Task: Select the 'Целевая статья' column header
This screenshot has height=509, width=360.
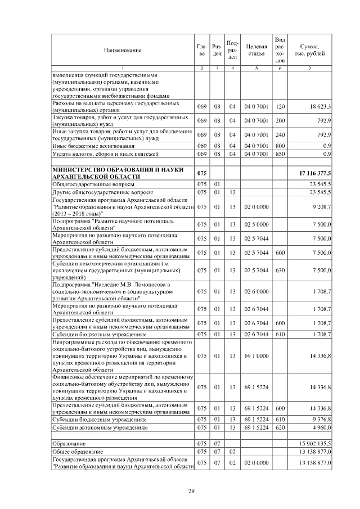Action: (255, 50)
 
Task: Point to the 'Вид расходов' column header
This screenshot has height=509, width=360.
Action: (280, 50)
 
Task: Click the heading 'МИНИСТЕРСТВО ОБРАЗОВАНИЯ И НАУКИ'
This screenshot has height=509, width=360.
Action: (115, 169)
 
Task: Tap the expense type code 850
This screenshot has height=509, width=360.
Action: (280, 154)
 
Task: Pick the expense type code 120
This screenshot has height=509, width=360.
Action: (280, 106)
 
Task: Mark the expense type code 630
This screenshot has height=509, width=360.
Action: (280, 271)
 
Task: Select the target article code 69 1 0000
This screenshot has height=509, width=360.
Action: (255, 355)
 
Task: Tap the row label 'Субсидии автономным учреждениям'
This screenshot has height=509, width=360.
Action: (100, 427)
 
